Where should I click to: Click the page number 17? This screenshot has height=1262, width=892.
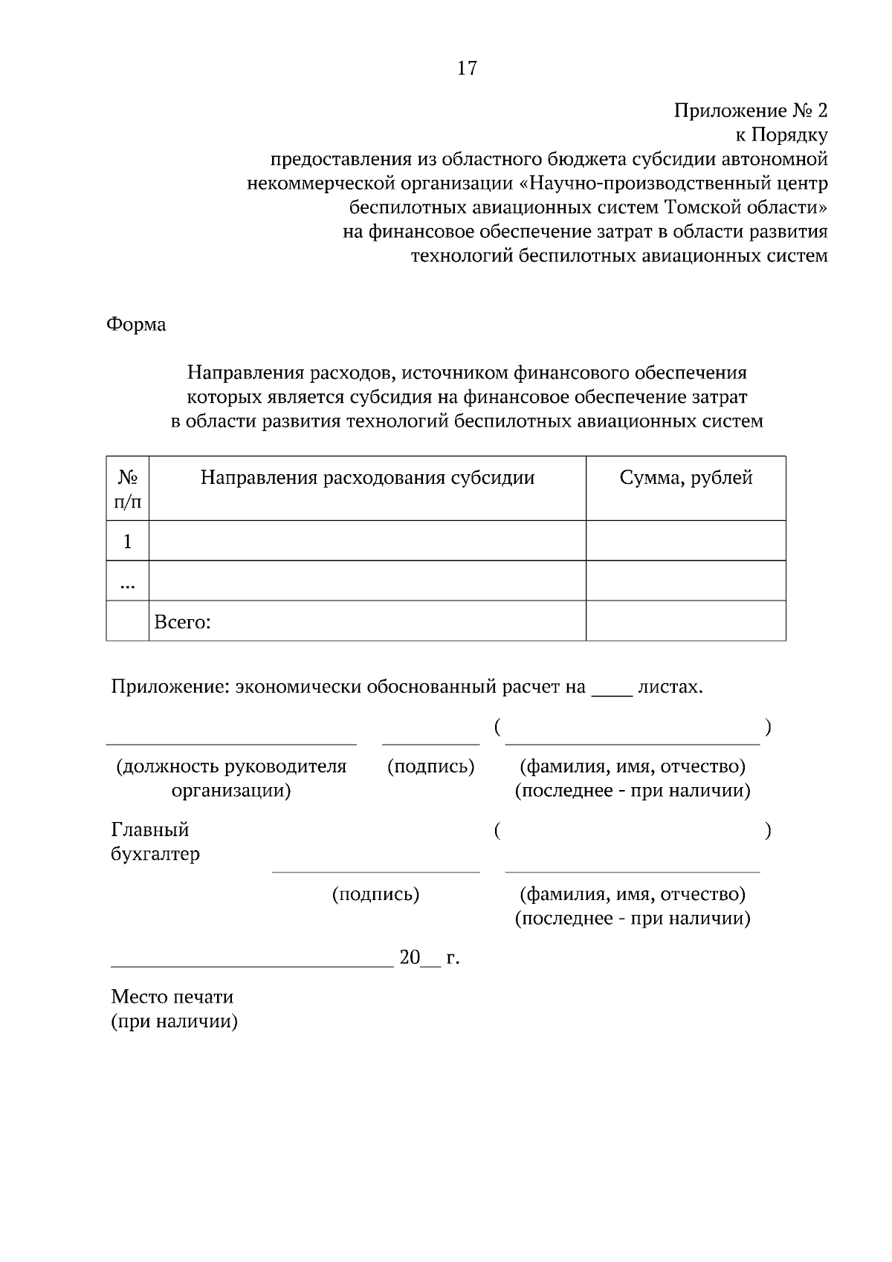click(x=467, y=68)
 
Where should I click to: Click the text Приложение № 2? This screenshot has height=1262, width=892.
click(x=750, y=111)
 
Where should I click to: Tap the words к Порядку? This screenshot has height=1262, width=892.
click(x=780, y=135)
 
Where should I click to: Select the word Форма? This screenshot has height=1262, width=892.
click(x=136, y=324)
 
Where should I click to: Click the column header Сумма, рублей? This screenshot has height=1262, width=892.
click(x=685, y=478)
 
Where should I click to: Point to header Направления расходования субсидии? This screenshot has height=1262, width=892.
click(x=367, y=478)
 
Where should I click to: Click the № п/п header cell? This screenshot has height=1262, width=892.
click(x=127, y=488)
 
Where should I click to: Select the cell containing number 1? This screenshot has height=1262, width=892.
click(x=127, y=541)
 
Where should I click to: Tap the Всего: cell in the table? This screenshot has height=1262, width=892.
click(x=183, y=622)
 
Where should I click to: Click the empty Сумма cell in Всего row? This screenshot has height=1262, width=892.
click(x=685, y=621)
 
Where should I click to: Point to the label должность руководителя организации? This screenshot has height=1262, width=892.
click(x=231, y=777)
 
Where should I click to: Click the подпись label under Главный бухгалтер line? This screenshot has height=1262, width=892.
click(x=375, y=893)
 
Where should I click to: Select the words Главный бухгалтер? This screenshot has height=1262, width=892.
click(x=155, y=841)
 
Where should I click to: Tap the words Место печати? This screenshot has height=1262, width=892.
click(x=172, y=997)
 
